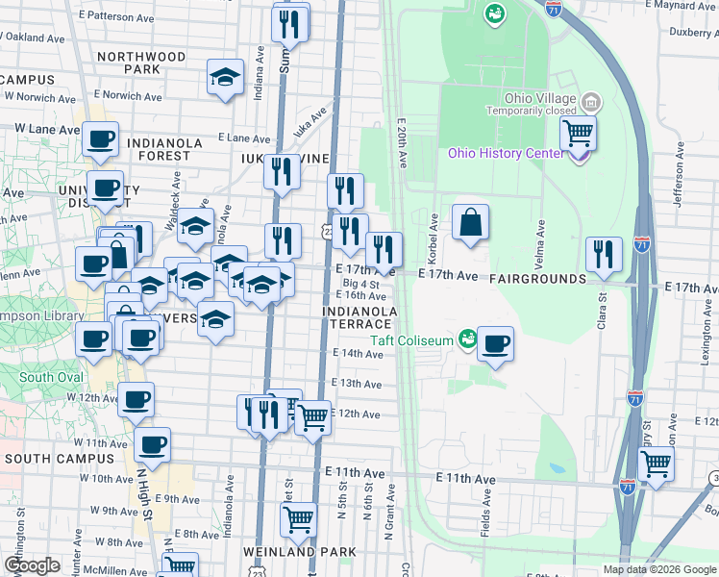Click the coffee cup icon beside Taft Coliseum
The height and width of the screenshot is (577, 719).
495,343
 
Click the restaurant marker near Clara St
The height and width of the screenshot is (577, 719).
604,254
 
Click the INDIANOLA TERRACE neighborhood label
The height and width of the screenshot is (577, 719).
360,317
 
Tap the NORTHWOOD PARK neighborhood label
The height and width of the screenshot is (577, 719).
142,63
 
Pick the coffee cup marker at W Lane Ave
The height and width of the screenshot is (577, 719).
100,138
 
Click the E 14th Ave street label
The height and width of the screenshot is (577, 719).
358,354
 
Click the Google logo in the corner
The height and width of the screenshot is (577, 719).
32,565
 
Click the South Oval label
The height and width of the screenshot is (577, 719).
50,377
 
